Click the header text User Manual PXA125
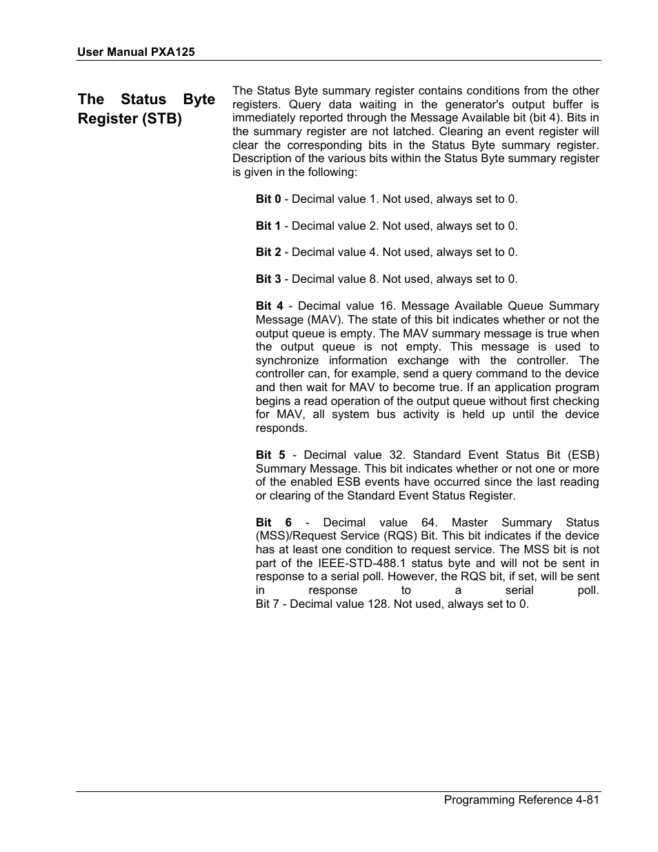(x=135, y=52)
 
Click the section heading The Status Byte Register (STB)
(x=146, y=109)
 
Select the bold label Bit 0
(x=268, y=199)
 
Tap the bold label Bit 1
(x=268, y=226)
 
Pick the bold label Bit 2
(x=268, y=252)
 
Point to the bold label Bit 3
(x=268, y=279)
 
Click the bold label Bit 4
(x=269, y=306)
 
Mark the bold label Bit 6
(x=273, y=522)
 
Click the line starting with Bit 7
(x=392, y=604)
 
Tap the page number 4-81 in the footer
(x=586, y=800)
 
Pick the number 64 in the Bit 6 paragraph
(x=429, y=522)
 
